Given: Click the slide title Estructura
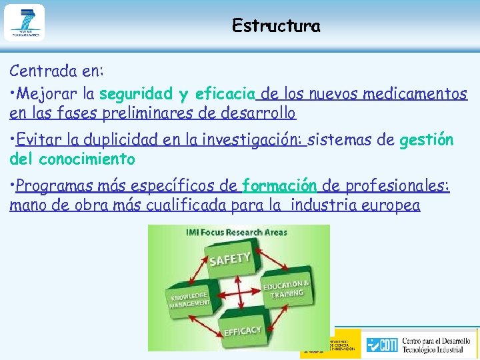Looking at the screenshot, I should (276, 27).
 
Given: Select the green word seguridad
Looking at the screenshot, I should (137, 93).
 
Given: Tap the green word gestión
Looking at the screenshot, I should (427, 140).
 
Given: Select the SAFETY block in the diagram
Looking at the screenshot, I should (230, 258).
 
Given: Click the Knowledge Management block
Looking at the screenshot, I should (189, 301).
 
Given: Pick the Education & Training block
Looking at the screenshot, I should (286, 290).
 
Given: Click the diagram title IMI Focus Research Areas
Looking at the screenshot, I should (237, 232).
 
